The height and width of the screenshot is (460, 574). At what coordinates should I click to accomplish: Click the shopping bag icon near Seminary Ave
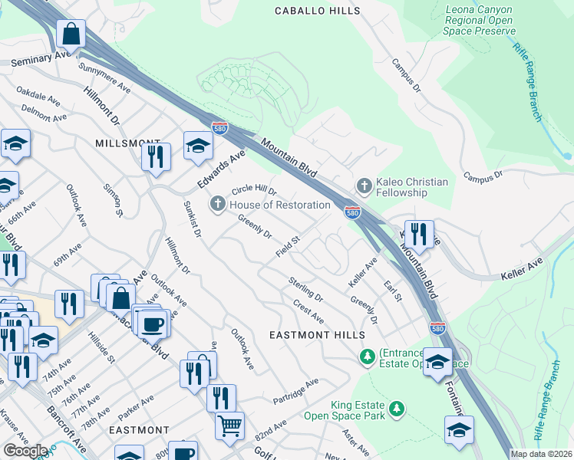pyautogui.click(x=71, y=34)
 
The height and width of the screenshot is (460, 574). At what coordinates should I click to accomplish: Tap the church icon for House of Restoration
pyautogui.click(x=218, y=204)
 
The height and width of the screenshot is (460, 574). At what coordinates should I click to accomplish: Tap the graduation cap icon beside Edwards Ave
pyautogui.click(x=197, y=146)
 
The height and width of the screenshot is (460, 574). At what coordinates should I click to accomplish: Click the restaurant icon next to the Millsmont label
pyautogui.click(x=156, y=156)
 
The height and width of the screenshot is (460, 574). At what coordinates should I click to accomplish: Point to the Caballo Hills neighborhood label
pyautogui.click(x=317, y=11)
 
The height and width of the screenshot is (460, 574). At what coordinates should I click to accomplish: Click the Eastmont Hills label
pyautogui.click(x=317, y=335)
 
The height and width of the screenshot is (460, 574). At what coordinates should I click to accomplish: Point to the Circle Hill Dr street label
pyautogui.click(x=253, y=187)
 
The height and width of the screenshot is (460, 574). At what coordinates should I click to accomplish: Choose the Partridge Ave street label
pyautogui.click(x=295, y=392)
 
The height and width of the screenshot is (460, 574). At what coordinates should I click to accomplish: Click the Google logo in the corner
pyautogui.click(x=25, y=451)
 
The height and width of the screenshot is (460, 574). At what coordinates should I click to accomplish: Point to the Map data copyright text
pyautogui.click(x=541, y=454)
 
